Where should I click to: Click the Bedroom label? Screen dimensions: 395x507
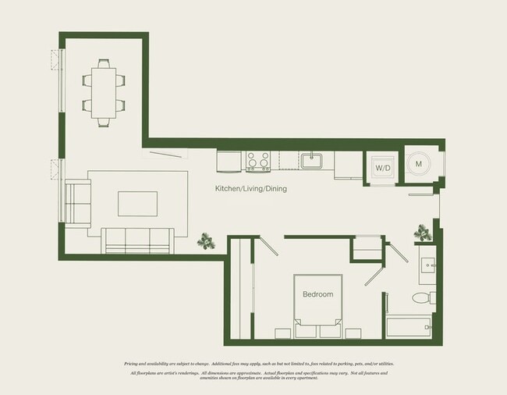[x=318, y=294]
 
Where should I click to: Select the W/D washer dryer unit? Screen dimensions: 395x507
[x=383, y=167]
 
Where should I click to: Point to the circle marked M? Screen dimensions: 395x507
[x=419, y=164]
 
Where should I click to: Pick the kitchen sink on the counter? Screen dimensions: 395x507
[x=313, y=160]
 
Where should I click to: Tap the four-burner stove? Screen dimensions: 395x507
[x=258, y=161]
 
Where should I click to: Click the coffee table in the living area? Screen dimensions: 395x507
[x=137, y=203]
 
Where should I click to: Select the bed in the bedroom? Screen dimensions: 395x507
[x=317, y=304]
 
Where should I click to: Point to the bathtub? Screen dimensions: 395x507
[x=409, y=326]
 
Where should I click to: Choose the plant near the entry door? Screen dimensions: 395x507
[x=423, y=232]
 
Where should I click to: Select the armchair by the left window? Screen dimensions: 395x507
[x=77, y=201]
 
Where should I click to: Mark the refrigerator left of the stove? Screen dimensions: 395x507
[x=229, y=160]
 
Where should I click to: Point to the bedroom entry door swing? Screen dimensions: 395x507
[x=268, y=247]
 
